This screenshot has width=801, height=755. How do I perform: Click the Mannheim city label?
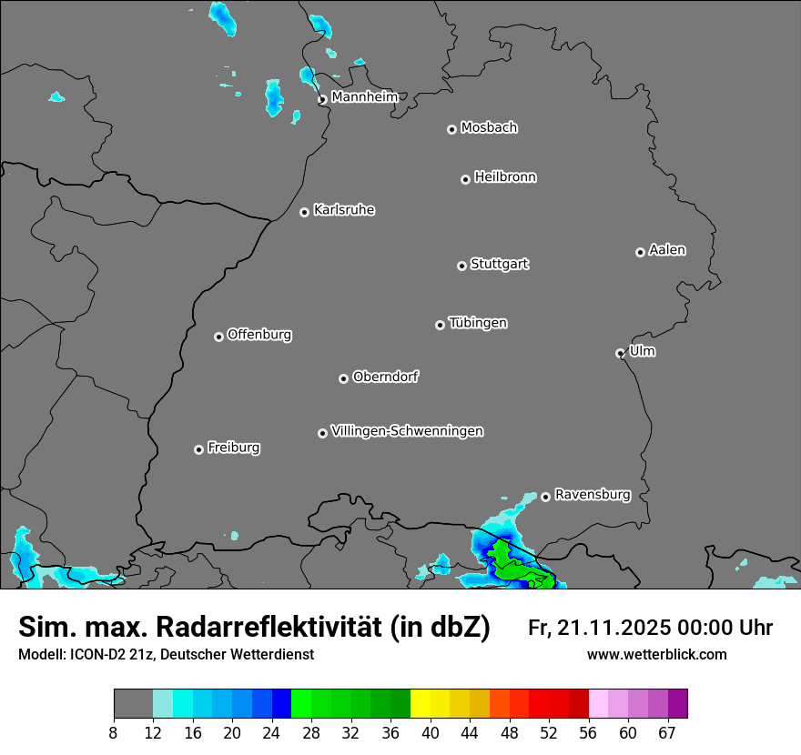(x=364, y=96)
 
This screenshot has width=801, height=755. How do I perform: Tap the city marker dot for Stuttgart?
(x=461, y=266)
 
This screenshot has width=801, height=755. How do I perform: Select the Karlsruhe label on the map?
(x=344, y=210)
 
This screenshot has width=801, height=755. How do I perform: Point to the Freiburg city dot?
(x=198, y=449)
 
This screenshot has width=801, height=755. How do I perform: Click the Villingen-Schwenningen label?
(x=407, y=431)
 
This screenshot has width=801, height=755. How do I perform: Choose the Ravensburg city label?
(x=592, y=495)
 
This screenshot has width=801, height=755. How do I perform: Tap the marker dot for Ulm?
(x=620, y=353)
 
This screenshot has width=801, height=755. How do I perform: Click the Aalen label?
(x=667, y=250)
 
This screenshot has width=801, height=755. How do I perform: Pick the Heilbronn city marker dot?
(x=465, y=179)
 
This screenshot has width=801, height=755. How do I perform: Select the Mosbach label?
(x=489, y=127)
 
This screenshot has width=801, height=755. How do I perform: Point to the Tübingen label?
(x=478, y=323)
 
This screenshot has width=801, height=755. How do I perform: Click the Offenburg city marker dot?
(x=218, y=337)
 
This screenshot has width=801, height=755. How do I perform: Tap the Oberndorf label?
(x=385, y=377)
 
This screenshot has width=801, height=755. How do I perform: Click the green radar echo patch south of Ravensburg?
(x=510, y=564)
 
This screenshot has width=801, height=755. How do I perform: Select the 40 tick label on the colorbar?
(x=431, y=733)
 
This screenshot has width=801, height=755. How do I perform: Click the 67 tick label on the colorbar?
(x=667, y=733)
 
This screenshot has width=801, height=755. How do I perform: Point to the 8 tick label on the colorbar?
(x=114, y=733)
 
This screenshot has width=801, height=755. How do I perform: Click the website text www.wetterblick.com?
(x=656, y=655)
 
